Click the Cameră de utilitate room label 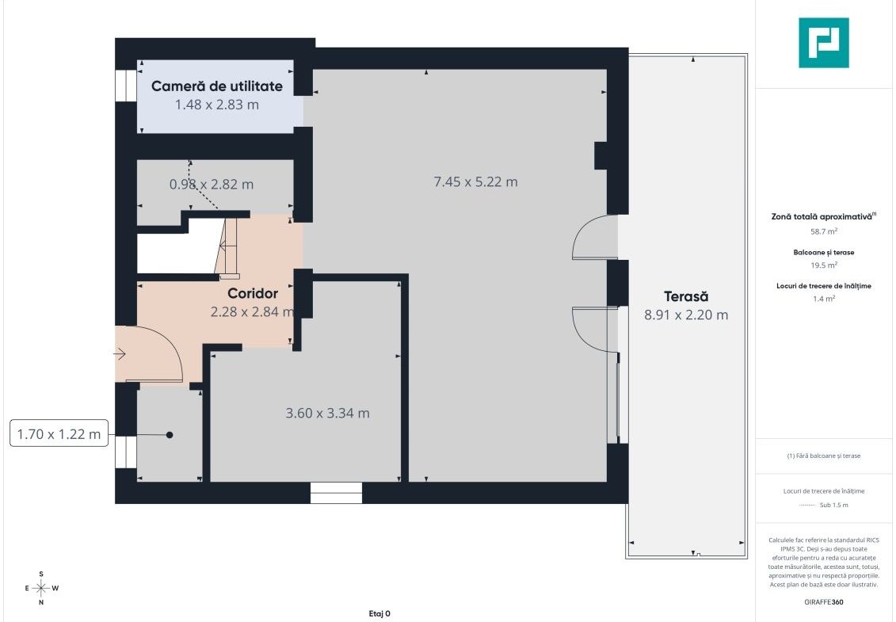pyautogui.click(x=216, y=86)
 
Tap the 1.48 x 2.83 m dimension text pyautogui.click(x=216, y=105)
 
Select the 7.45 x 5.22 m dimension pyautogui.click(x=475, y=181)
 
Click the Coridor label pyautogui.click(x=253, y=293)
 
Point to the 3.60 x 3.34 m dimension pyautogui.click(x=327, y=413)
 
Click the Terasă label pyautogui.click(x=686, y=296)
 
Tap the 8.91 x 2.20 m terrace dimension pyautogui.click(x=686, y=315)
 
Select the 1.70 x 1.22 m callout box pyautogui.click(x=59, y=434)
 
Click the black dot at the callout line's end pyautogui.click(x=170, y=435)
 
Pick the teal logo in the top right pyautogui.click(x=823, y=43)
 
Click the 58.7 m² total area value pyautogui.click(x=823, y=231)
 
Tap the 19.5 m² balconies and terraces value pyautogui.click(x=823, y=265)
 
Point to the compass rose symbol pyautogui.click(x=41, y=588)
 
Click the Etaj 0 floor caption pyautogui.click(x=379, y=614)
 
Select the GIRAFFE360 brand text pyautogui.click(x=823, y=602)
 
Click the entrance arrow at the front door pyautogui.click(x=120, y=354)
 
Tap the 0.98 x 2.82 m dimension pyautogui.click(x=212, y=184)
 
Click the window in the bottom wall pyautogui.click(x=336, y=493)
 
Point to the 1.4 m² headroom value pyautogui.click(x=823, y=299)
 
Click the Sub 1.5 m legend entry pyautogui.click(x=833, y=506)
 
